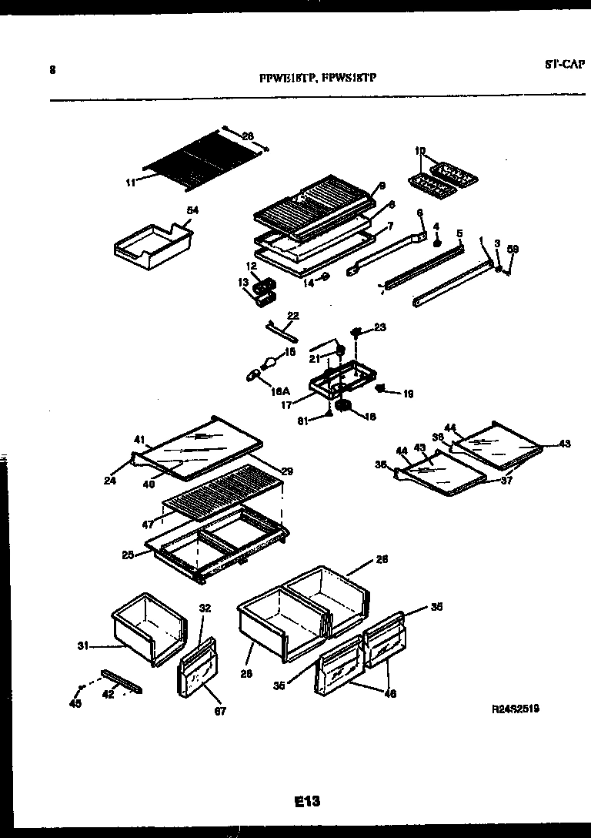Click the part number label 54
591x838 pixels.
pyautogui.click(x=192, y=209)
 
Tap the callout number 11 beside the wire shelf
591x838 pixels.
pyautogui.click(x=130, y=183)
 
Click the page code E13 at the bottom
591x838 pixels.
pyautogui.click(x=306, y=802)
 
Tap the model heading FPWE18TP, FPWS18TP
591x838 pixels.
pyautogui.click(x=317, y=78)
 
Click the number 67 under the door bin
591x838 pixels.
pyautogui.click(x=221, y=711)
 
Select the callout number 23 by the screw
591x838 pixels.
pyautogui.click(x=380, y=327)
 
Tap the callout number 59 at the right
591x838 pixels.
pyautogui.click(x=513, y=249)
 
